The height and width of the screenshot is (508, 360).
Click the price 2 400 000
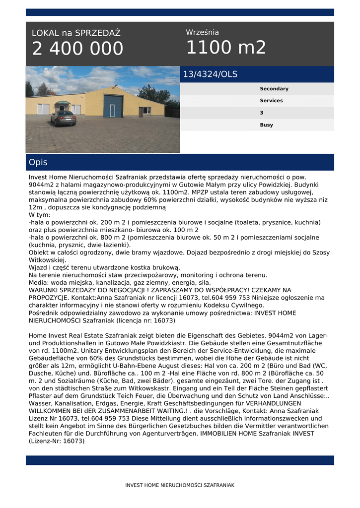pyautogui.click(x=77, y=49)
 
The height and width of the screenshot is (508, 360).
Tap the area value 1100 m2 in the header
pyautogui.click(x=226, y=48)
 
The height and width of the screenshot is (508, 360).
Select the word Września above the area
pyautogui.click(x=202, y=32)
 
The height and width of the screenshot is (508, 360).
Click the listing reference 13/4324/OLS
pyautogui.click(x=210, y=74)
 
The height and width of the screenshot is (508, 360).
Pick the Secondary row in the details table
pyautogui.click(x=274, y=89)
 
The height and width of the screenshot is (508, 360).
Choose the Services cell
pyautogui.click(x=271, y=101)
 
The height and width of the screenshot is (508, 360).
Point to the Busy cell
pyautogui.click(x=266, y=125)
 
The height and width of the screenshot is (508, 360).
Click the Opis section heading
pyautogui.click(x=38, y=162)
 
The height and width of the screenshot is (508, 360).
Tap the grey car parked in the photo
pyautogui.click(x=63, y=118)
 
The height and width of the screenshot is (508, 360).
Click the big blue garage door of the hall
pyautogui.click(x=113, y=106)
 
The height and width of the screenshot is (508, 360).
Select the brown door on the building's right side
pyautogui.click(x=140, y=111)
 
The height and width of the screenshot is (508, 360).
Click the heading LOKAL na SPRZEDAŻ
pyautogui.click(x=76, y=33)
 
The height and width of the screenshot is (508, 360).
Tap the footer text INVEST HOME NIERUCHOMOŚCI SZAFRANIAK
pyautogui.click(x=180, y=485)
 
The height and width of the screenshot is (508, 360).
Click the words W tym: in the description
pyautogui.click(x=39, y=215)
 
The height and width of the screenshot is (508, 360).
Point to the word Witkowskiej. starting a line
pyautogui.click(x=47, y=260)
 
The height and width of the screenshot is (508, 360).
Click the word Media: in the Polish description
pyautogui.click(x=40, y=282)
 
